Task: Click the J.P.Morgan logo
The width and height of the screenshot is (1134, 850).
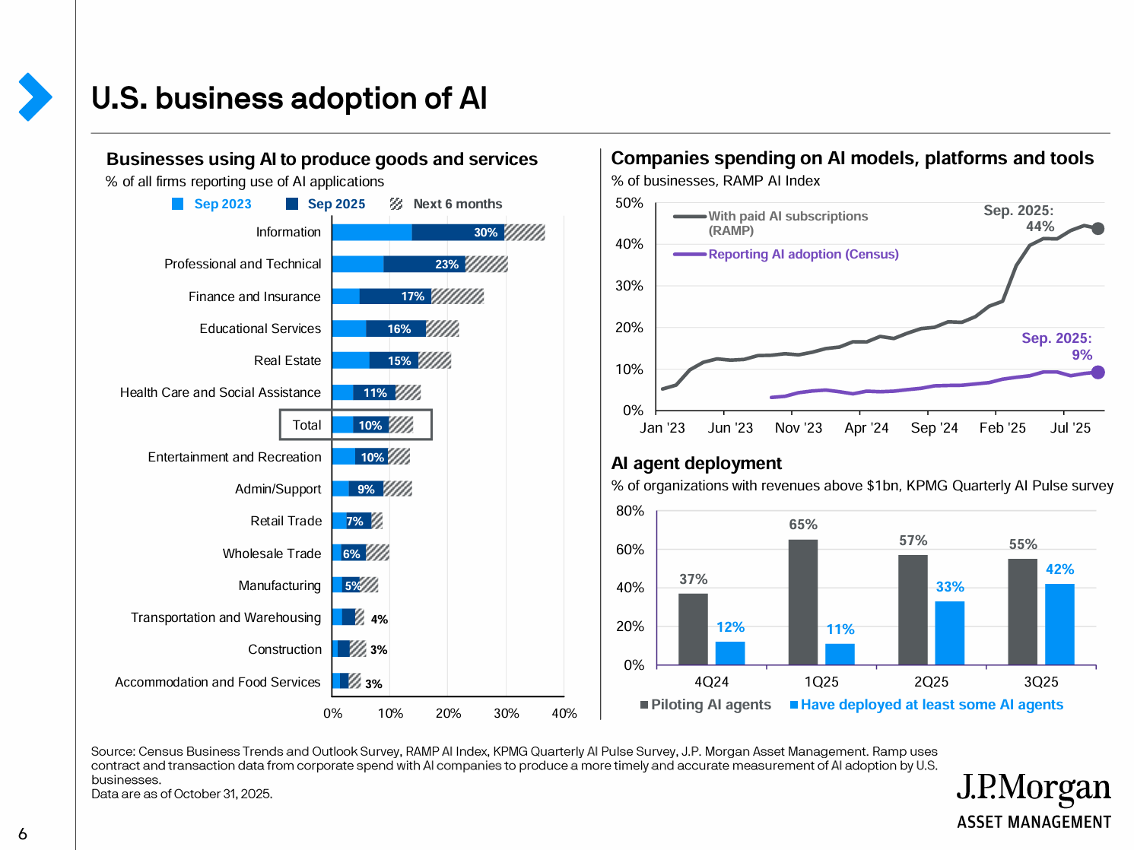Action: tap(1033, 801)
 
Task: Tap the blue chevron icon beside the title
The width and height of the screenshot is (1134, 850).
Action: tap(34, 97)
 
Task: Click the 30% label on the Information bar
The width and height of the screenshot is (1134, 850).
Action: tap(485, 233)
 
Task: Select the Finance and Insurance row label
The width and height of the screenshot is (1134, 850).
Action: tap(254, 297)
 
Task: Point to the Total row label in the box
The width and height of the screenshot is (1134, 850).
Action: tap(307, 425)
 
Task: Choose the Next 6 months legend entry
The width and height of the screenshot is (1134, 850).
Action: tap(447, 204)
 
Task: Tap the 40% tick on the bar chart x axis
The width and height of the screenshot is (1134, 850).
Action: tap(564, 713)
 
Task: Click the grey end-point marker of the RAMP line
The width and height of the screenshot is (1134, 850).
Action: tap(1097, 228)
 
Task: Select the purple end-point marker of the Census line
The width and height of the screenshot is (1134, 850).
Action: tap(1097, 373)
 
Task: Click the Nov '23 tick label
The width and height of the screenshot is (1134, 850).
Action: tap(798, 428)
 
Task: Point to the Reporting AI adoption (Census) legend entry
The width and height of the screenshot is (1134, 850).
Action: tap(802, 254)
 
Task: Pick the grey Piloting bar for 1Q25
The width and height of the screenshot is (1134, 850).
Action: tap(803, 602)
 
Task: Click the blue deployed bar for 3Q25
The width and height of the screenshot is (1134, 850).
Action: tap(1059, 624)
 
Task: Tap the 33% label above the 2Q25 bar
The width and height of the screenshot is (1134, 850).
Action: tap(950, 587)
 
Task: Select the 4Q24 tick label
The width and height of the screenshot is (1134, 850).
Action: tap(711, 682)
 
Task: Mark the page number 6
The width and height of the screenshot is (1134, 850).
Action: tap(23, 834)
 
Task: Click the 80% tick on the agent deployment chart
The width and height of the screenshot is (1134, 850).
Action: tap(630, 511)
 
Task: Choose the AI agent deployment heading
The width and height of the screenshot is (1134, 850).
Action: tap(696, 464)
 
